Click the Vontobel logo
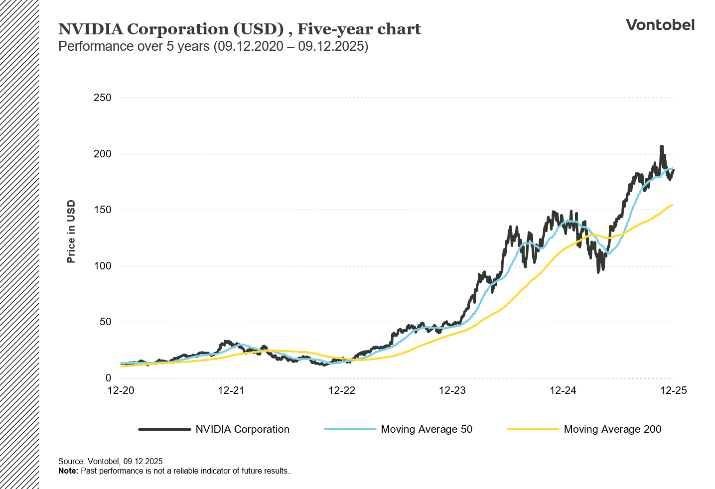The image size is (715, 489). click(x=660, y=25)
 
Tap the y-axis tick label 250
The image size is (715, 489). click(x=102, y=98)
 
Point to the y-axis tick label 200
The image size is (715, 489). click(x=102, y=154)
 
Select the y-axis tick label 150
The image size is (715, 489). click(x=102, y=210)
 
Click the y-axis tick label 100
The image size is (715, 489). click(x=102, y=266)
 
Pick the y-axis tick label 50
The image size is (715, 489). click(x=105, y=322)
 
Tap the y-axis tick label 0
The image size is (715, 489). click(x=108, y=378)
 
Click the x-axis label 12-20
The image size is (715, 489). click(x=121, y=390)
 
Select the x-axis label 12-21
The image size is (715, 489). click(x=231, y=390)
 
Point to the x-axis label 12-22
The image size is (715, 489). click(x=342, y=390)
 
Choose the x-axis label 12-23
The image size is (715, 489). click(x=452, y=390)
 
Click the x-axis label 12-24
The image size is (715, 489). click(x=563, y=390)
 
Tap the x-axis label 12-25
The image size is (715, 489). click(x=673, y=390)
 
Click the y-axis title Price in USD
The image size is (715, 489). click(x=71, y=232)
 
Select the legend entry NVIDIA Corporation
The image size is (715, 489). click(x=242, y=429)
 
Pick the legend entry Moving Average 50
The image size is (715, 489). click(x=426, y=429)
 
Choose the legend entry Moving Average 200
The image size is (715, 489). click(x=612, y=429)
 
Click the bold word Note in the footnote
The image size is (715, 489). click(x=67, y=471)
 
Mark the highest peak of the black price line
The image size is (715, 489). click(x=661, y=147)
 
